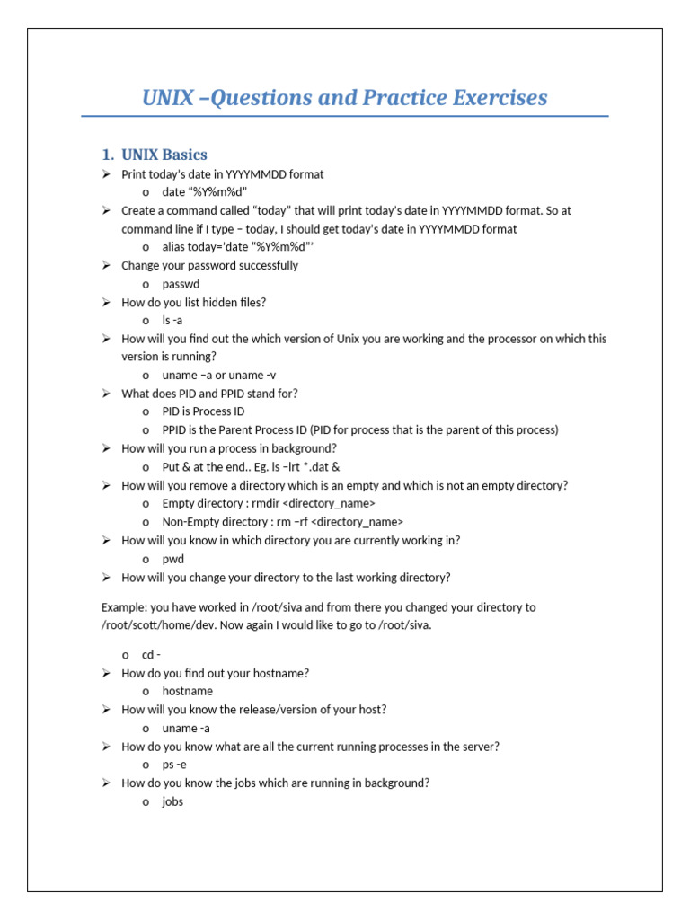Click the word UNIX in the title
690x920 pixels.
[x=167, y=97]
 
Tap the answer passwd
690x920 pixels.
[x=181, y=284]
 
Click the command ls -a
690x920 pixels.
[x=172, y=320]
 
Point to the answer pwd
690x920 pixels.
[x=172, y=559]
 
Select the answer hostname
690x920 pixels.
[x=187, y=691]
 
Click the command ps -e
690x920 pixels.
[x=174, y=765]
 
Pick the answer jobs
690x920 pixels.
[x=172, y=801]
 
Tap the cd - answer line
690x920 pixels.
[x=151, y=654]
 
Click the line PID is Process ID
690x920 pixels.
[x=203, y=411]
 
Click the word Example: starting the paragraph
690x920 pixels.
[x=124, y=607]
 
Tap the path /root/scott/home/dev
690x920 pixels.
[x=155, y=624]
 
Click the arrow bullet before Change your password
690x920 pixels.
[x=106, y=265]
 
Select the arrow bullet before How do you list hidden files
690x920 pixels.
[x=106, y=302]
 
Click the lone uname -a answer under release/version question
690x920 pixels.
[x=185, y=728]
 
